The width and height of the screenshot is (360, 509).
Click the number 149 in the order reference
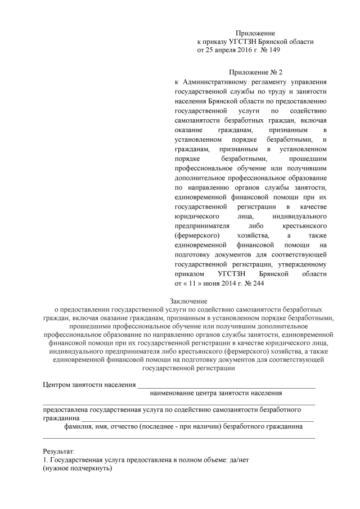pos(273,50)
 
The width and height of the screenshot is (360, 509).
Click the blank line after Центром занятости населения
pos(226,386)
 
